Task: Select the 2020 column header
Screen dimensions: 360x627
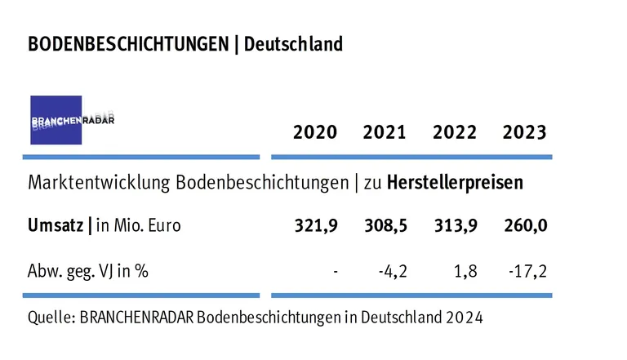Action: pyautogui.click(x=315, y=132)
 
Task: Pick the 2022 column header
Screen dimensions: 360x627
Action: pyautogui.click(x=455, y=132)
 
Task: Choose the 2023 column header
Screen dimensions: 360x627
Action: pyautogui.click(x=525, y=132)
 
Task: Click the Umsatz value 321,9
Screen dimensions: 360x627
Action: pyautogui.click(x=317, y=226)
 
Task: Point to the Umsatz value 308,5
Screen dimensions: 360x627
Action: pyautogui.click(x=386, y=226)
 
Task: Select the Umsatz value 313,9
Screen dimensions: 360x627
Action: pyautogui.click(x=456, y=226)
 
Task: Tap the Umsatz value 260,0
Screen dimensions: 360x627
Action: pyautogui.click(x=525, y=226)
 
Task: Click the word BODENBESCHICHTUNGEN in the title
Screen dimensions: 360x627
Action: pyautogui.click(x=127, y=44)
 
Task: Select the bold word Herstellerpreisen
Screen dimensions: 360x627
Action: pyautogui.click(x=455, y=183)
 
